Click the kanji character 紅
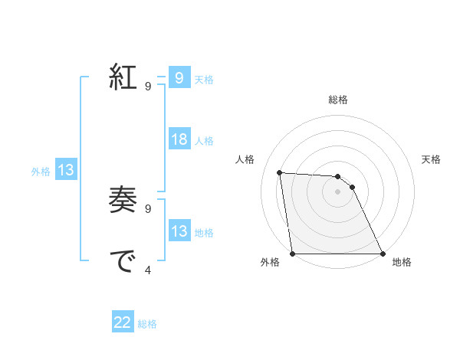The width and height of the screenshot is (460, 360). click(x=123, y=77)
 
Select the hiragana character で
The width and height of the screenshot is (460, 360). click(x=123, y=262)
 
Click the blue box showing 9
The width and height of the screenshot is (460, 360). click(x=179, y=78)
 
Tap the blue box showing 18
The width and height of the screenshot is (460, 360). click(x=179, y=139)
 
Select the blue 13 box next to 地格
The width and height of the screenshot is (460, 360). click(x=179, y=231)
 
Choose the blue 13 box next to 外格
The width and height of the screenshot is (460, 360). click(x=65, y=170)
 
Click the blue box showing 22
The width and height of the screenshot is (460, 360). click(x=123, y=322)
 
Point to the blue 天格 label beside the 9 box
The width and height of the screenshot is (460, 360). click(x=204, y=79)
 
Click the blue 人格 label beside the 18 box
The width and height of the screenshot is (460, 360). click(x=204, y=140)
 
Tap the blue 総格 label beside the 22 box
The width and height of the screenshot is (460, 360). click(x=147, y=323)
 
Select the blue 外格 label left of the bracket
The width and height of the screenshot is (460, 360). click(x=41, y=171)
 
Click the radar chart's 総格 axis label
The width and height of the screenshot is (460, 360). click(x=337, y=100)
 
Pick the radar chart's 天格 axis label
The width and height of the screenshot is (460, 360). click(x=432, y=159)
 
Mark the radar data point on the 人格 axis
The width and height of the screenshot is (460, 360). click(x=279, y=172)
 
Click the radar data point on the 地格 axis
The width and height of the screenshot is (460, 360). click(x=382, y=254)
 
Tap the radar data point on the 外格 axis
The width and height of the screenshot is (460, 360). click(x=293, y=254)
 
